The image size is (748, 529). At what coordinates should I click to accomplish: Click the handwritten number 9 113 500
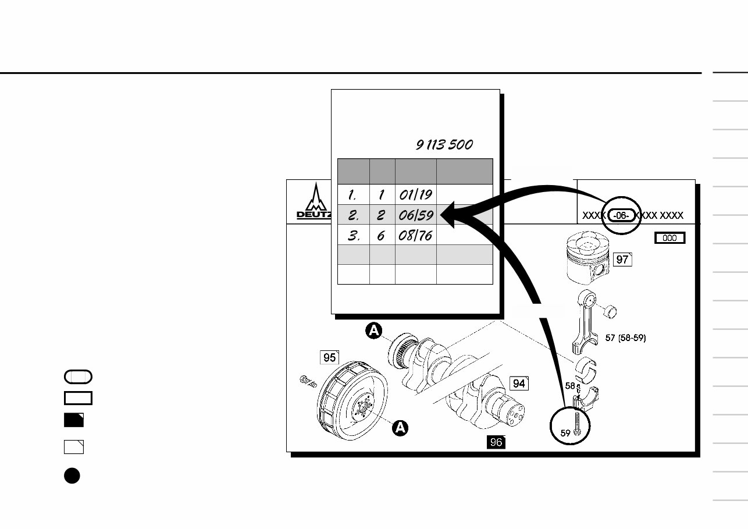coord(444,145)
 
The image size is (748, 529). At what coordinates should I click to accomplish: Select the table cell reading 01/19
coord(415,194)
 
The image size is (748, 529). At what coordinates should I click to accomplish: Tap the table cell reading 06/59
coord(415,215)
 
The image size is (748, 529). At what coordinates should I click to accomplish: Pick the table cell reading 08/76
coord(415,236)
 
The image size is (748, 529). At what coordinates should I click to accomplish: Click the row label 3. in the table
coord(352,236)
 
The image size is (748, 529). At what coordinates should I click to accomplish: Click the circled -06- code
coord(622,216)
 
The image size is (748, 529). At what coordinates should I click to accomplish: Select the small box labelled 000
coord(670,238)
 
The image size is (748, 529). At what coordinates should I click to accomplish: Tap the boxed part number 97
coord(622,260)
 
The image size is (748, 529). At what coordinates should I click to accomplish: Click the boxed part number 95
coord(330,357)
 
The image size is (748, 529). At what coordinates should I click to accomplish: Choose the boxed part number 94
coord(519,383)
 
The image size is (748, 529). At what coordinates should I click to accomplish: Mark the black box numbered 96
coord(496,442)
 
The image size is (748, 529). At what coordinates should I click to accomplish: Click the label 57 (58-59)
coord(625,338)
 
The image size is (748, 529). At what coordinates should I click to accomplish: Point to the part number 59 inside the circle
coord(565,433)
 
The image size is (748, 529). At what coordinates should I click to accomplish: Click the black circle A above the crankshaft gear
coord(375,331)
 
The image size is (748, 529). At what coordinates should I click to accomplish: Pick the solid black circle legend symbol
coord(72,475)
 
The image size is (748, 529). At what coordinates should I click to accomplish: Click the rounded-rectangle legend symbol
coord(78,377)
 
